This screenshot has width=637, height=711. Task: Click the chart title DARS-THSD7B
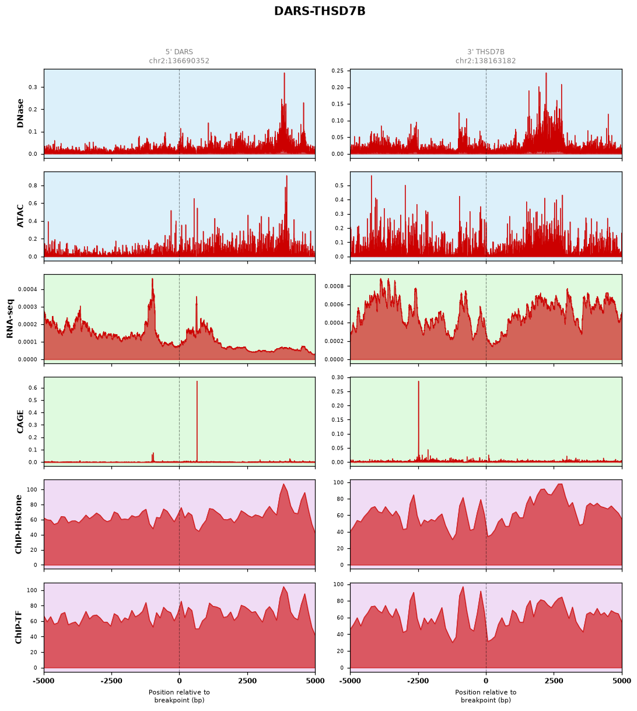(320, 11)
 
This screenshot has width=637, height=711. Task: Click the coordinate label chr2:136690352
(179, 61)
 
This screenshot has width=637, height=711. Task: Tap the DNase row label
(20, 113)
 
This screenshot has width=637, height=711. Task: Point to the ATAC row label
(20, 215)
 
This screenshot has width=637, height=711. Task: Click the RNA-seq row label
(10, 318)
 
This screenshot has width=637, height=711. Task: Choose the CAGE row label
(20, 421)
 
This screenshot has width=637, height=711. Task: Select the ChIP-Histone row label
(18, 524)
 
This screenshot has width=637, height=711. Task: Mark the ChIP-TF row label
(18, 627)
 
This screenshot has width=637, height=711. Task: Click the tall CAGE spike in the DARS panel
(197, 421)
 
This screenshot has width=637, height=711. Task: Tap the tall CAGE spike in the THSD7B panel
(418, 421)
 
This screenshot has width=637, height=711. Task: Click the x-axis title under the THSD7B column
(485, 696)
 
